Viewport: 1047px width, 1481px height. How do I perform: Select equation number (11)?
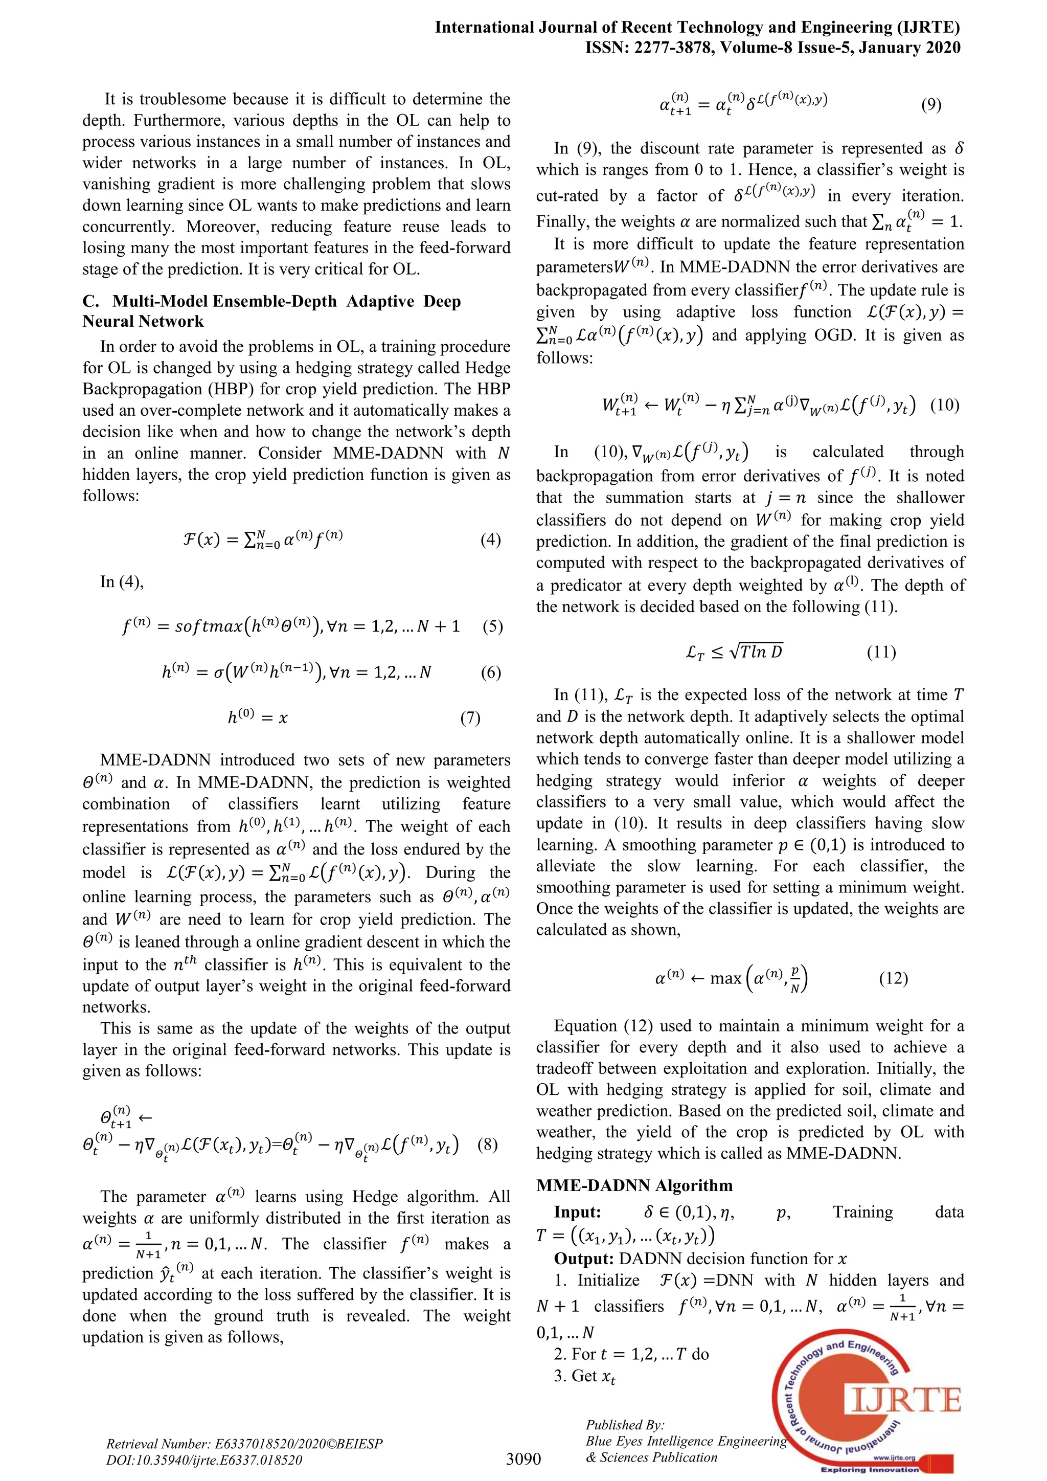click(881, 652)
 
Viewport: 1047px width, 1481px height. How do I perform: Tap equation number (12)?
click(894, 978)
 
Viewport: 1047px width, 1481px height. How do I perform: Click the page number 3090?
click(523, 1458)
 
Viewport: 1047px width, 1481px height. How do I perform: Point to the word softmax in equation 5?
click(207, 626)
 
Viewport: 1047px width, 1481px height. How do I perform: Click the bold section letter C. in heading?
click(91, 302)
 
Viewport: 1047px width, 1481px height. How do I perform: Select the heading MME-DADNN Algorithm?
click(634, 1185)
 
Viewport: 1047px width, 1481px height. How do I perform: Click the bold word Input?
click(577, 1213)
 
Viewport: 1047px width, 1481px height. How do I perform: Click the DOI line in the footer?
click(204, 1460)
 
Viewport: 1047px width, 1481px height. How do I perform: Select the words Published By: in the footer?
click(625, 1425)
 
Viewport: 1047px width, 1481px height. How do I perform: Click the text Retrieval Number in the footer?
click(155, 1444)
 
